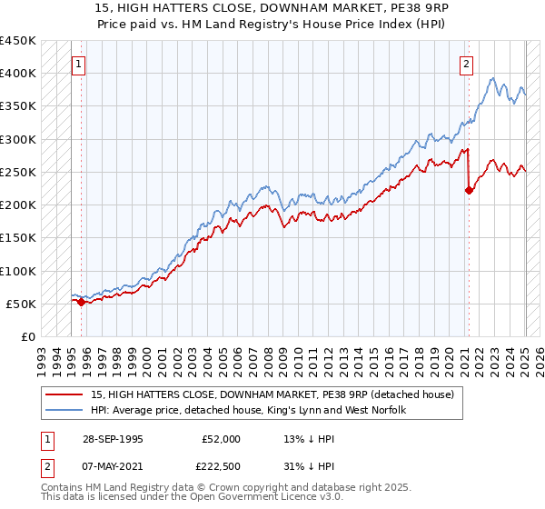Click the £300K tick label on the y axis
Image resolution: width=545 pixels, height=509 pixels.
tap(18, 139)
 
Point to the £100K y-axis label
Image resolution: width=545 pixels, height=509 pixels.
tap(18, 271)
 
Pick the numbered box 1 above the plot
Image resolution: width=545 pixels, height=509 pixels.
tap(80, 64)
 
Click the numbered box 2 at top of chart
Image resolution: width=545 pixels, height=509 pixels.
tap(466, 64)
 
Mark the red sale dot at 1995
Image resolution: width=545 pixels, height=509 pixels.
tap(81, 303)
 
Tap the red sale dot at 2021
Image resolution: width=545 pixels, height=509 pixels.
tap(469, 190)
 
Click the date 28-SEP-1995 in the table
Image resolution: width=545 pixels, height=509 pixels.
tap(114, 438)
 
